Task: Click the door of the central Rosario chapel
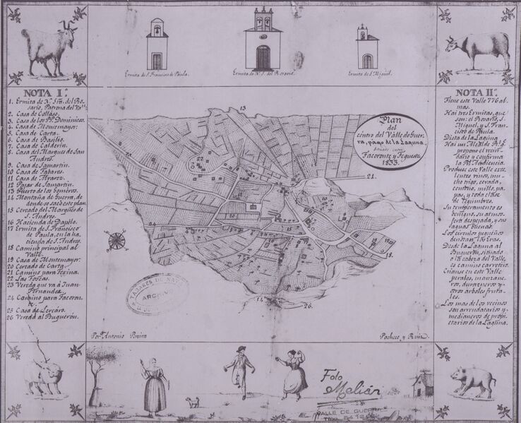[263, 56]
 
